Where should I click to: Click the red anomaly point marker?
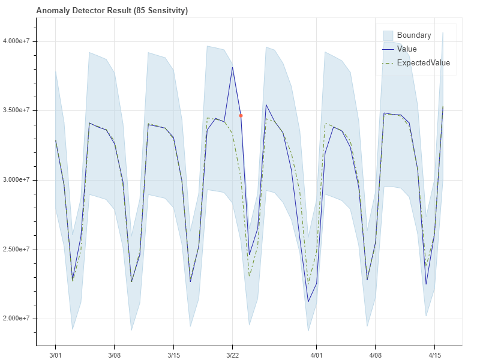coord(241,115)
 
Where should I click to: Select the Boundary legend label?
coord(414,35)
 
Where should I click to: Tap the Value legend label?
coord(407,49)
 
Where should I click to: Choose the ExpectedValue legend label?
coord(423,62)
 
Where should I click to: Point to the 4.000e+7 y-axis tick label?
coord(21,41)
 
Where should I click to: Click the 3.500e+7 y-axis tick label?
coord(21,111)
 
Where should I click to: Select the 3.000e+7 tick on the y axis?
coord(21,180)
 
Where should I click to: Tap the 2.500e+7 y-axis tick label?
coord(21,250)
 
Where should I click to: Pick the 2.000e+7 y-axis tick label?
coord(21,319)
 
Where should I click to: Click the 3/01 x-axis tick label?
coord(55,355)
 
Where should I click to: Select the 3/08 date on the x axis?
coord(114,355)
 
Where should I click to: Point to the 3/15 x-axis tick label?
coord(173,355)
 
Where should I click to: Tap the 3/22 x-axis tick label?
coord(232,355)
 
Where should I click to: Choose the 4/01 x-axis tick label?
coord(316,355)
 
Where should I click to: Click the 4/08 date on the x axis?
coord(375,355)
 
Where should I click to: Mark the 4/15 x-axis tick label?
coord(434,355)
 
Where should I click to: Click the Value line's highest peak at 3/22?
coord(232,67)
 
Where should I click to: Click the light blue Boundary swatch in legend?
coord(388,35)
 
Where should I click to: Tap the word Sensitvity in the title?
coord(173,11)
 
